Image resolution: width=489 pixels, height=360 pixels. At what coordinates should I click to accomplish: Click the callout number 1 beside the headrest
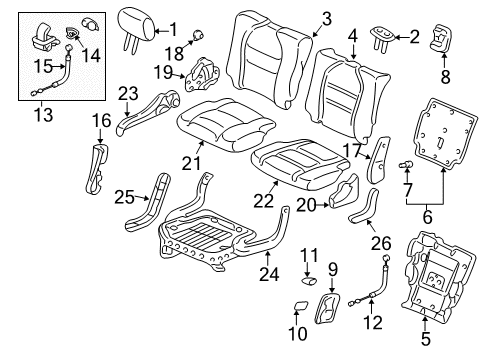pyautogui.click(x=172, y=29)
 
